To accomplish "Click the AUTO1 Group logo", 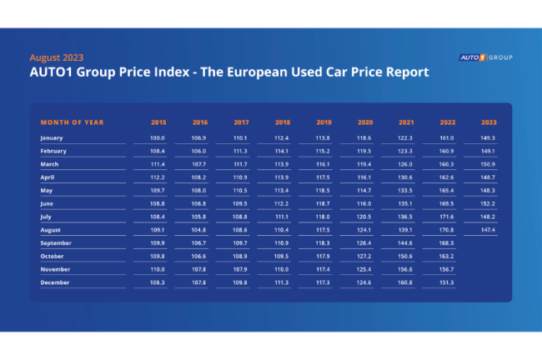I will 485,57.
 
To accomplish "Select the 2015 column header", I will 158,122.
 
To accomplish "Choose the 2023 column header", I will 489,122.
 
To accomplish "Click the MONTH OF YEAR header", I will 72,122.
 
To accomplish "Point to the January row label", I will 52,137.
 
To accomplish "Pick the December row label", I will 54,282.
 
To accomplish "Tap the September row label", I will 56,242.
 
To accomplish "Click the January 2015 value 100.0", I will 158,137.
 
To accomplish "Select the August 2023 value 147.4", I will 489,229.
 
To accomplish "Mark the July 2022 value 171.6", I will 447,217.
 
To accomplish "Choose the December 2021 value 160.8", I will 405,282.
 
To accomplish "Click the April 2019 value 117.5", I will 323,177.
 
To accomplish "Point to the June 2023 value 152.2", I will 489,203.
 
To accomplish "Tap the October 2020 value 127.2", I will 364,256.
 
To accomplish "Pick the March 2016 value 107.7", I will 199,164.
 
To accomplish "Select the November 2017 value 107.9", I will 240,269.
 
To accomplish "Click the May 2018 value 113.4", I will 282,190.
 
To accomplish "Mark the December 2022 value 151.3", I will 447,282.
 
